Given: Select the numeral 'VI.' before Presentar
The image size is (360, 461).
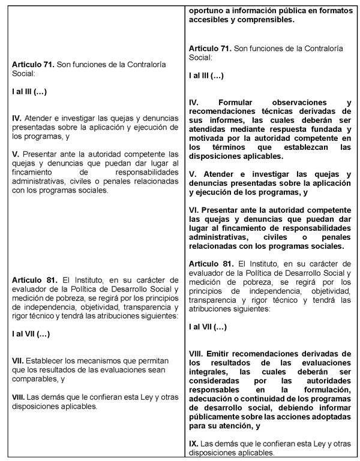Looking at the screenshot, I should click(x=194, y=210).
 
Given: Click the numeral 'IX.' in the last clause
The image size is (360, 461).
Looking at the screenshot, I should click(x=193, y=444).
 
